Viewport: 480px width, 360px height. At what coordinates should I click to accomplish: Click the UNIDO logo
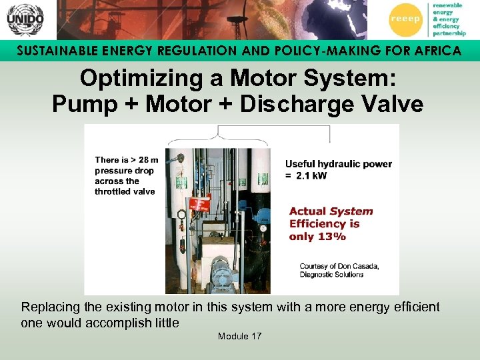(x=25, y=20)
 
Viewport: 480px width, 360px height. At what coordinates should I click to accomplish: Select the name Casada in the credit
(x=363, y=266)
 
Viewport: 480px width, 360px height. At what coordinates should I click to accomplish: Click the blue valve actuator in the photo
(x=263, y=217)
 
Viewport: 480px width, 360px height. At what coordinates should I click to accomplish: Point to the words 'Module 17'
(x=239, y=336)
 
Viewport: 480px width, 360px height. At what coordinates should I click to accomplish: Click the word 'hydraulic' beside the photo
(x=338, y=164)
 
